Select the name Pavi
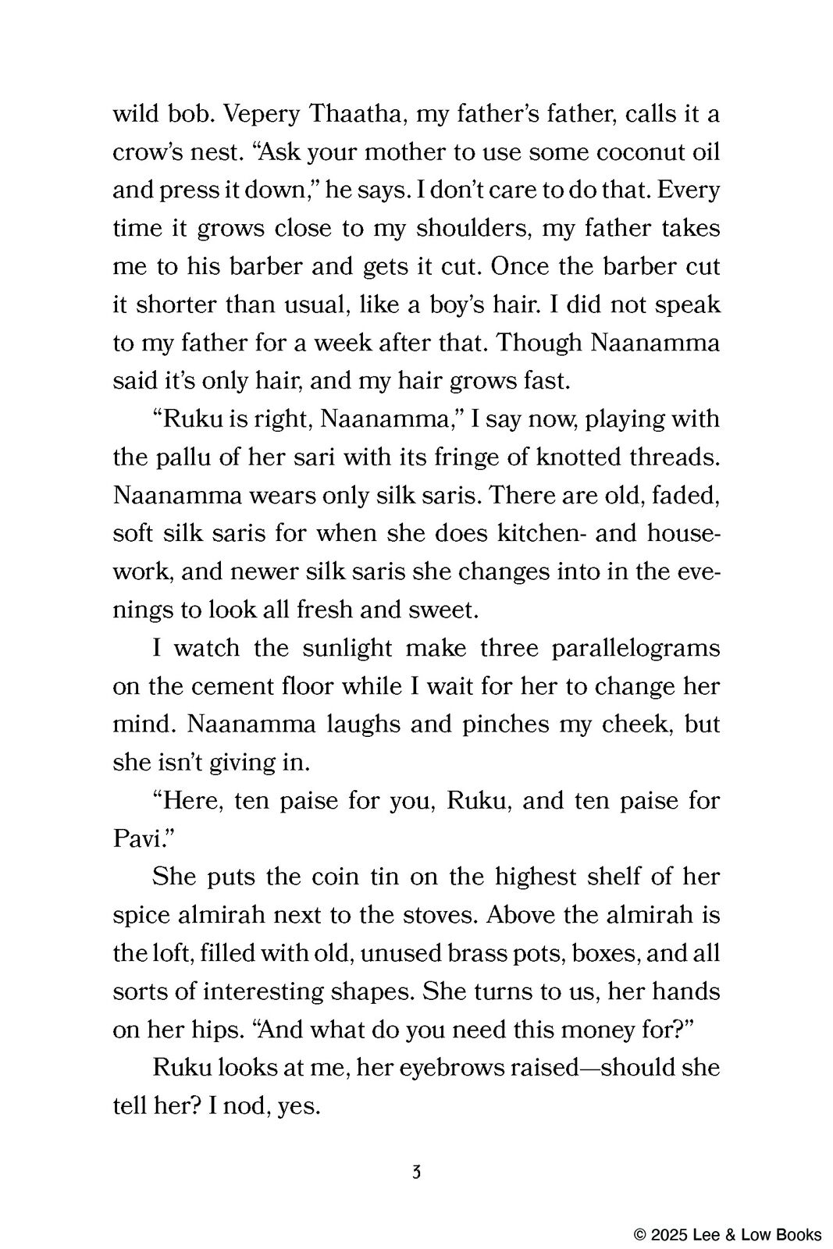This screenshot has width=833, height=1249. (x=133, y=838)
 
